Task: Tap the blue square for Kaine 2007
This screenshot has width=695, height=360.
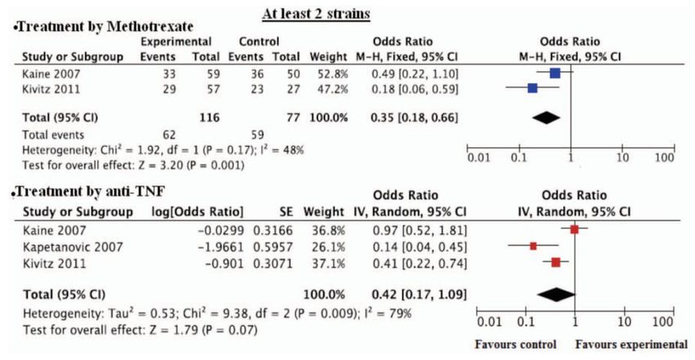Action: coord(555,73)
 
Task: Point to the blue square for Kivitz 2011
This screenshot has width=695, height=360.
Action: coord(532,88)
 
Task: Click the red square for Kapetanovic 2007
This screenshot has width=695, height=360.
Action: coord(533,245)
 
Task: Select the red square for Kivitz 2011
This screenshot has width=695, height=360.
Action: coord(556,262)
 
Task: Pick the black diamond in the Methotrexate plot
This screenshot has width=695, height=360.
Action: coord(549,118)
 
